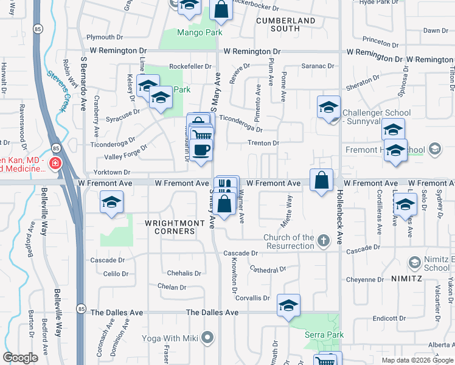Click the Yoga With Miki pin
(208, 337)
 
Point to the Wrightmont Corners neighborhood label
(175, 223)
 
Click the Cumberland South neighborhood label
(286, 24)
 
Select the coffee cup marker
(201, 150)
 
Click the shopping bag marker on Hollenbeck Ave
(321, 180)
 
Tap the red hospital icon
(55, 164)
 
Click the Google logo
(21, 358)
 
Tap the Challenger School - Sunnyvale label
(377, 117)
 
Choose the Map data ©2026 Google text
(417, 360)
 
